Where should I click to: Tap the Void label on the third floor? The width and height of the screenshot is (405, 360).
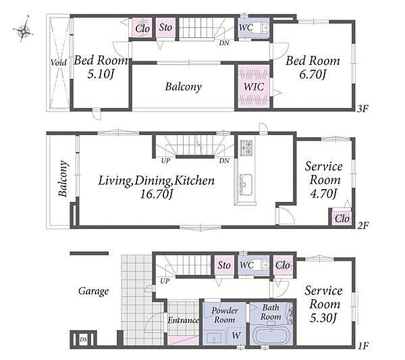[x=58, y=63]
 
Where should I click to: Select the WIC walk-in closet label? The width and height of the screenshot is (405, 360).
[x=254, y=86]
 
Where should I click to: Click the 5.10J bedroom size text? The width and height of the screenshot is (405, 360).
[x=101, y=74]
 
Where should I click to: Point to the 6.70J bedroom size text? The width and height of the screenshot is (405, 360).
[x=313, y=74]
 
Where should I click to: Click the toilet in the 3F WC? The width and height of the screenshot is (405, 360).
[x=264, y=28]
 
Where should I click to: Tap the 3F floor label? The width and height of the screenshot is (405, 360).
[x=362, y=109]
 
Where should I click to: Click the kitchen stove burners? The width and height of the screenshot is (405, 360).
[x=246, y=147]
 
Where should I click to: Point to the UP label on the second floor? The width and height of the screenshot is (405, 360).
[x=165, y=161]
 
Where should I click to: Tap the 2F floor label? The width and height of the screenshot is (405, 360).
[x=362, y=226]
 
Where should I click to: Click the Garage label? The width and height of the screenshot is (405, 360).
[x=94, y=291]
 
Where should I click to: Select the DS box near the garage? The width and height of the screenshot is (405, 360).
[x=83, y=340]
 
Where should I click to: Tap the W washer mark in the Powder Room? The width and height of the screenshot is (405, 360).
[x=236, y=335]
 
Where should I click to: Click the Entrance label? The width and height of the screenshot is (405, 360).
[x=184, y=320]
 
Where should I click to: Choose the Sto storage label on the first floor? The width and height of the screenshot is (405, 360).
[x=224, y=265]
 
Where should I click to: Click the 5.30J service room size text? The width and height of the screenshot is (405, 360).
[x=323, y=318]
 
